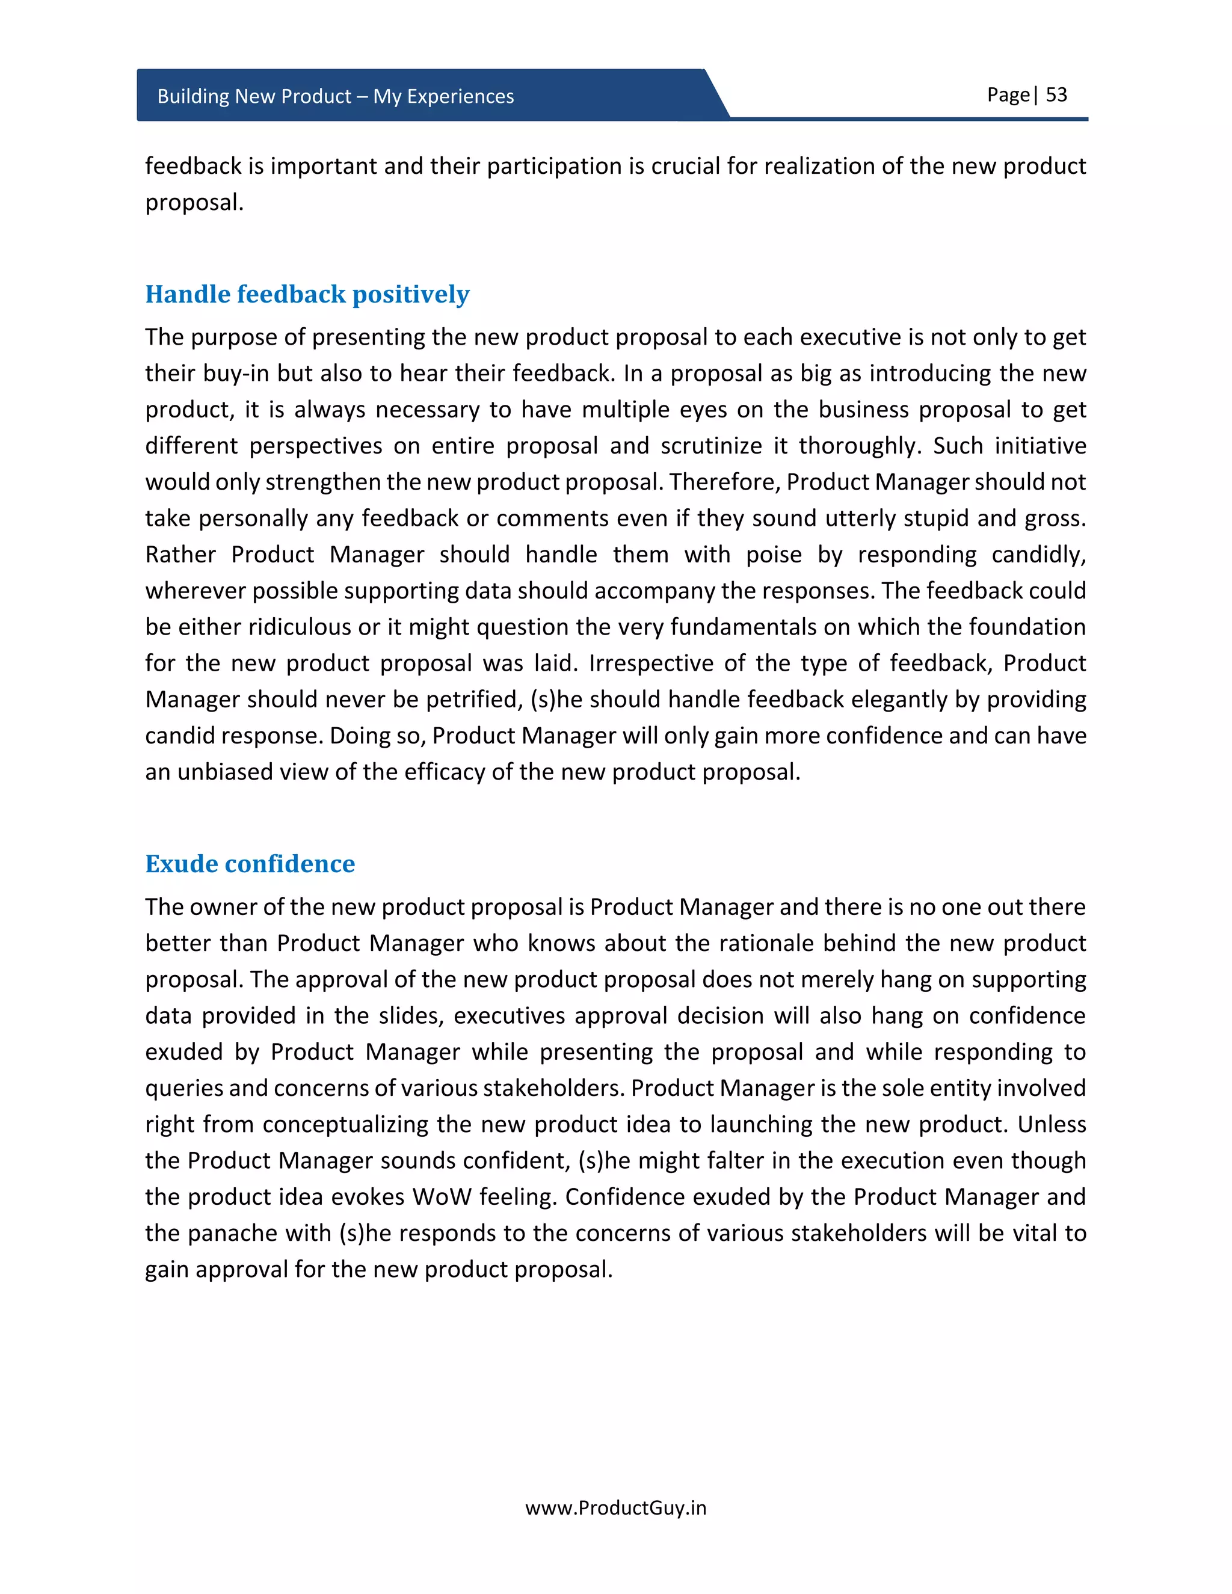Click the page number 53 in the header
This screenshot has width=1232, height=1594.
point(1056,95)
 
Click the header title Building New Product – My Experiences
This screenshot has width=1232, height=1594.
point(335,96)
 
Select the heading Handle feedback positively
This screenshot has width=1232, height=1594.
point(307,294)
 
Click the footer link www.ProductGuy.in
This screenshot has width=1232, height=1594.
point(615,1508)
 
